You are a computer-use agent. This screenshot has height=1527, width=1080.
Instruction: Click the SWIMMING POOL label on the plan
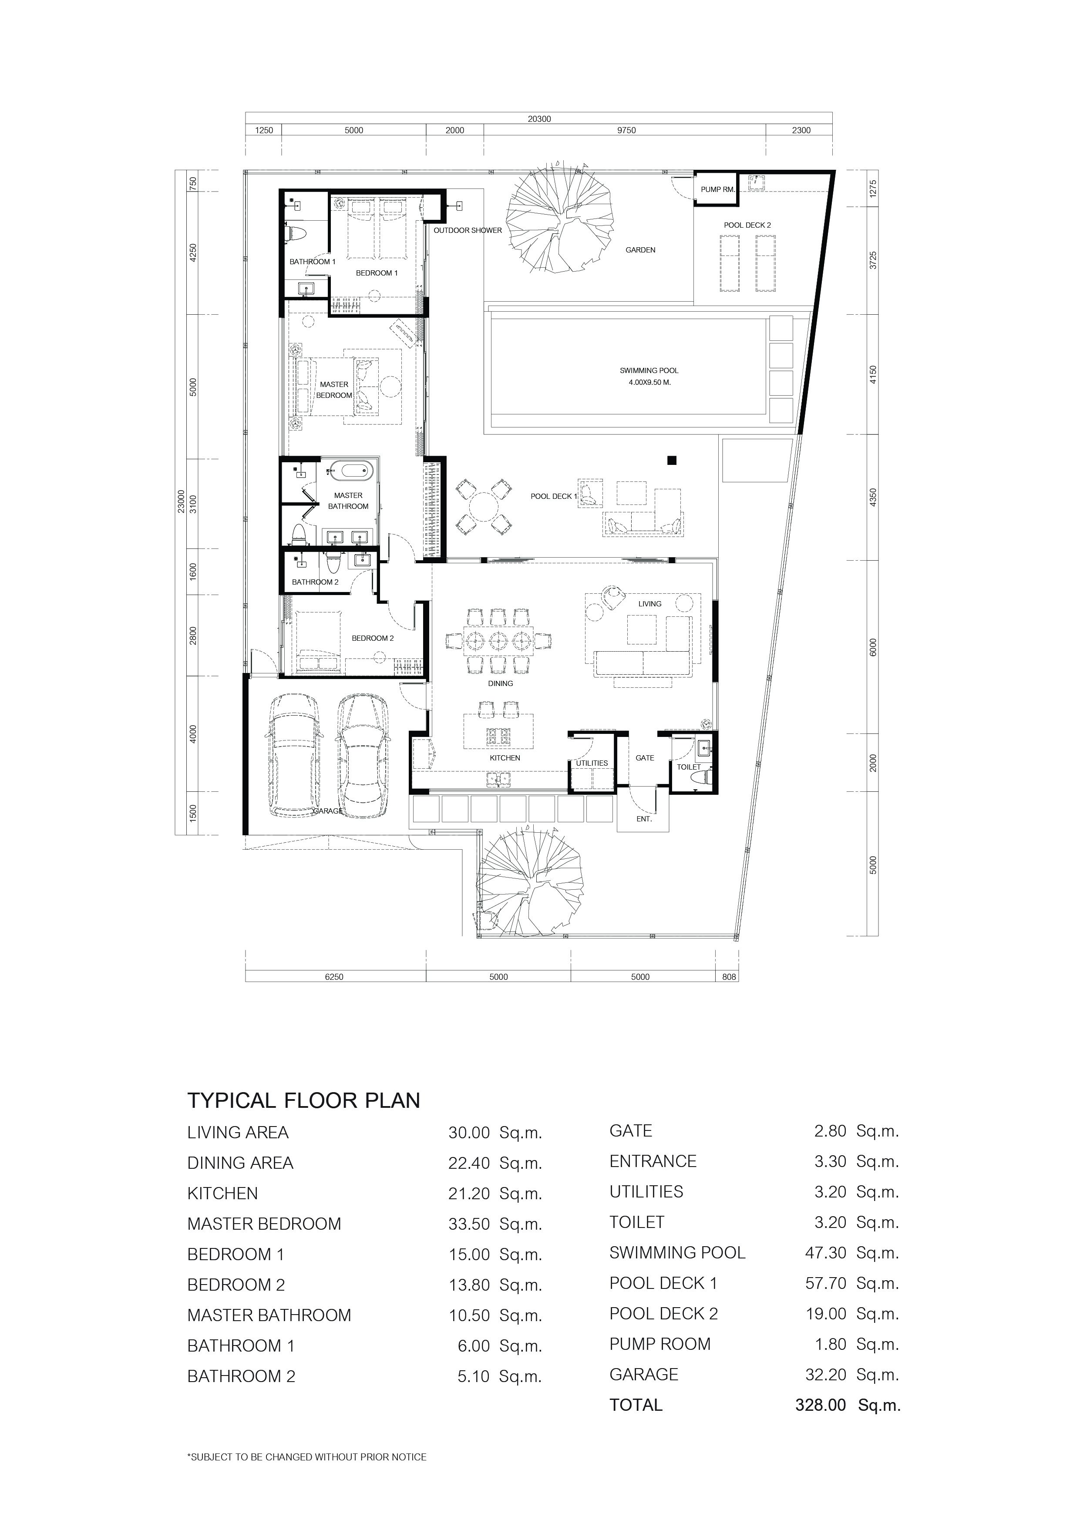point(649,370)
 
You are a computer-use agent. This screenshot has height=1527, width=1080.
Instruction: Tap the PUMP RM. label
point(717,189)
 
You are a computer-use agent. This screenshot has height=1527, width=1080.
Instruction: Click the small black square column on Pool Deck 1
point(673,460)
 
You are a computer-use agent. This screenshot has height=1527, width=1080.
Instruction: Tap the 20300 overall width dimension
point(539,119)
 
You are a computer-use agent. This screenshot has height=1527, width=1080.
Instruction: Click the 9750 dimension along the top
point(626,130)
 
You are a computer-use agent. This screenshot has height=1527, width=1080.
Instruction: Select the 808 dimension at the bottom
point(730,977)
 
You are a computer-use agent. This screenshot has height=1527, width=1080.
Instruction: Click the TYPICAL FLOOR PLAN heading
point(304,1101)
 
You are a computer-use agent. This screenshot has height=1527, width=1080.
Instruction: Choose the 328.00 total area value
point(821,1405)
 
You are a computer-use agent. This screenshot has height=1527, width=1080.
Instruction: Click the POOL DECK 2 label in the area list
point(664,1314)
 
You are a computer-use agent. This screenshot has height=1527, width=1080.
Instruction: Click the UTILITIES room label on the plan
point(592,763)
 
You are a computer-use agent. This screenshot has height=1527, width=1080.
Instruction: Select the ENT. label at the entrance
point(644,819)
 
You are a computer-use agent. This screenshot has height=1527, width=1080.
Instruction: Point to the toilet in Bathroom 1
point(296,235)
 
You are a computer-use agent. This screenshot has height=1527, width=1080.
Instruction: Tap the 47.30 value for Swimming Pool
point(826,1254)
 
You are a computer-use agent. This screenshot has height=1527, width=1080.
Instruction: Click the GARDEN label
point(640,250)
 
